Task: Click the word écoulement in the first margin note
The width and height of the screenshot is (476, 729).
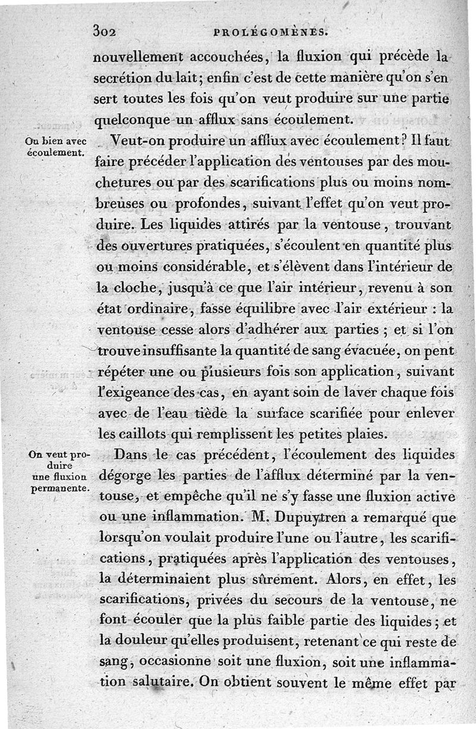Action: click(x=55, y=152)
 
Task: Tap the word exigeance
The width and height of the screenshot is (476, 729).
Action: click(x=137, y=393)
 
